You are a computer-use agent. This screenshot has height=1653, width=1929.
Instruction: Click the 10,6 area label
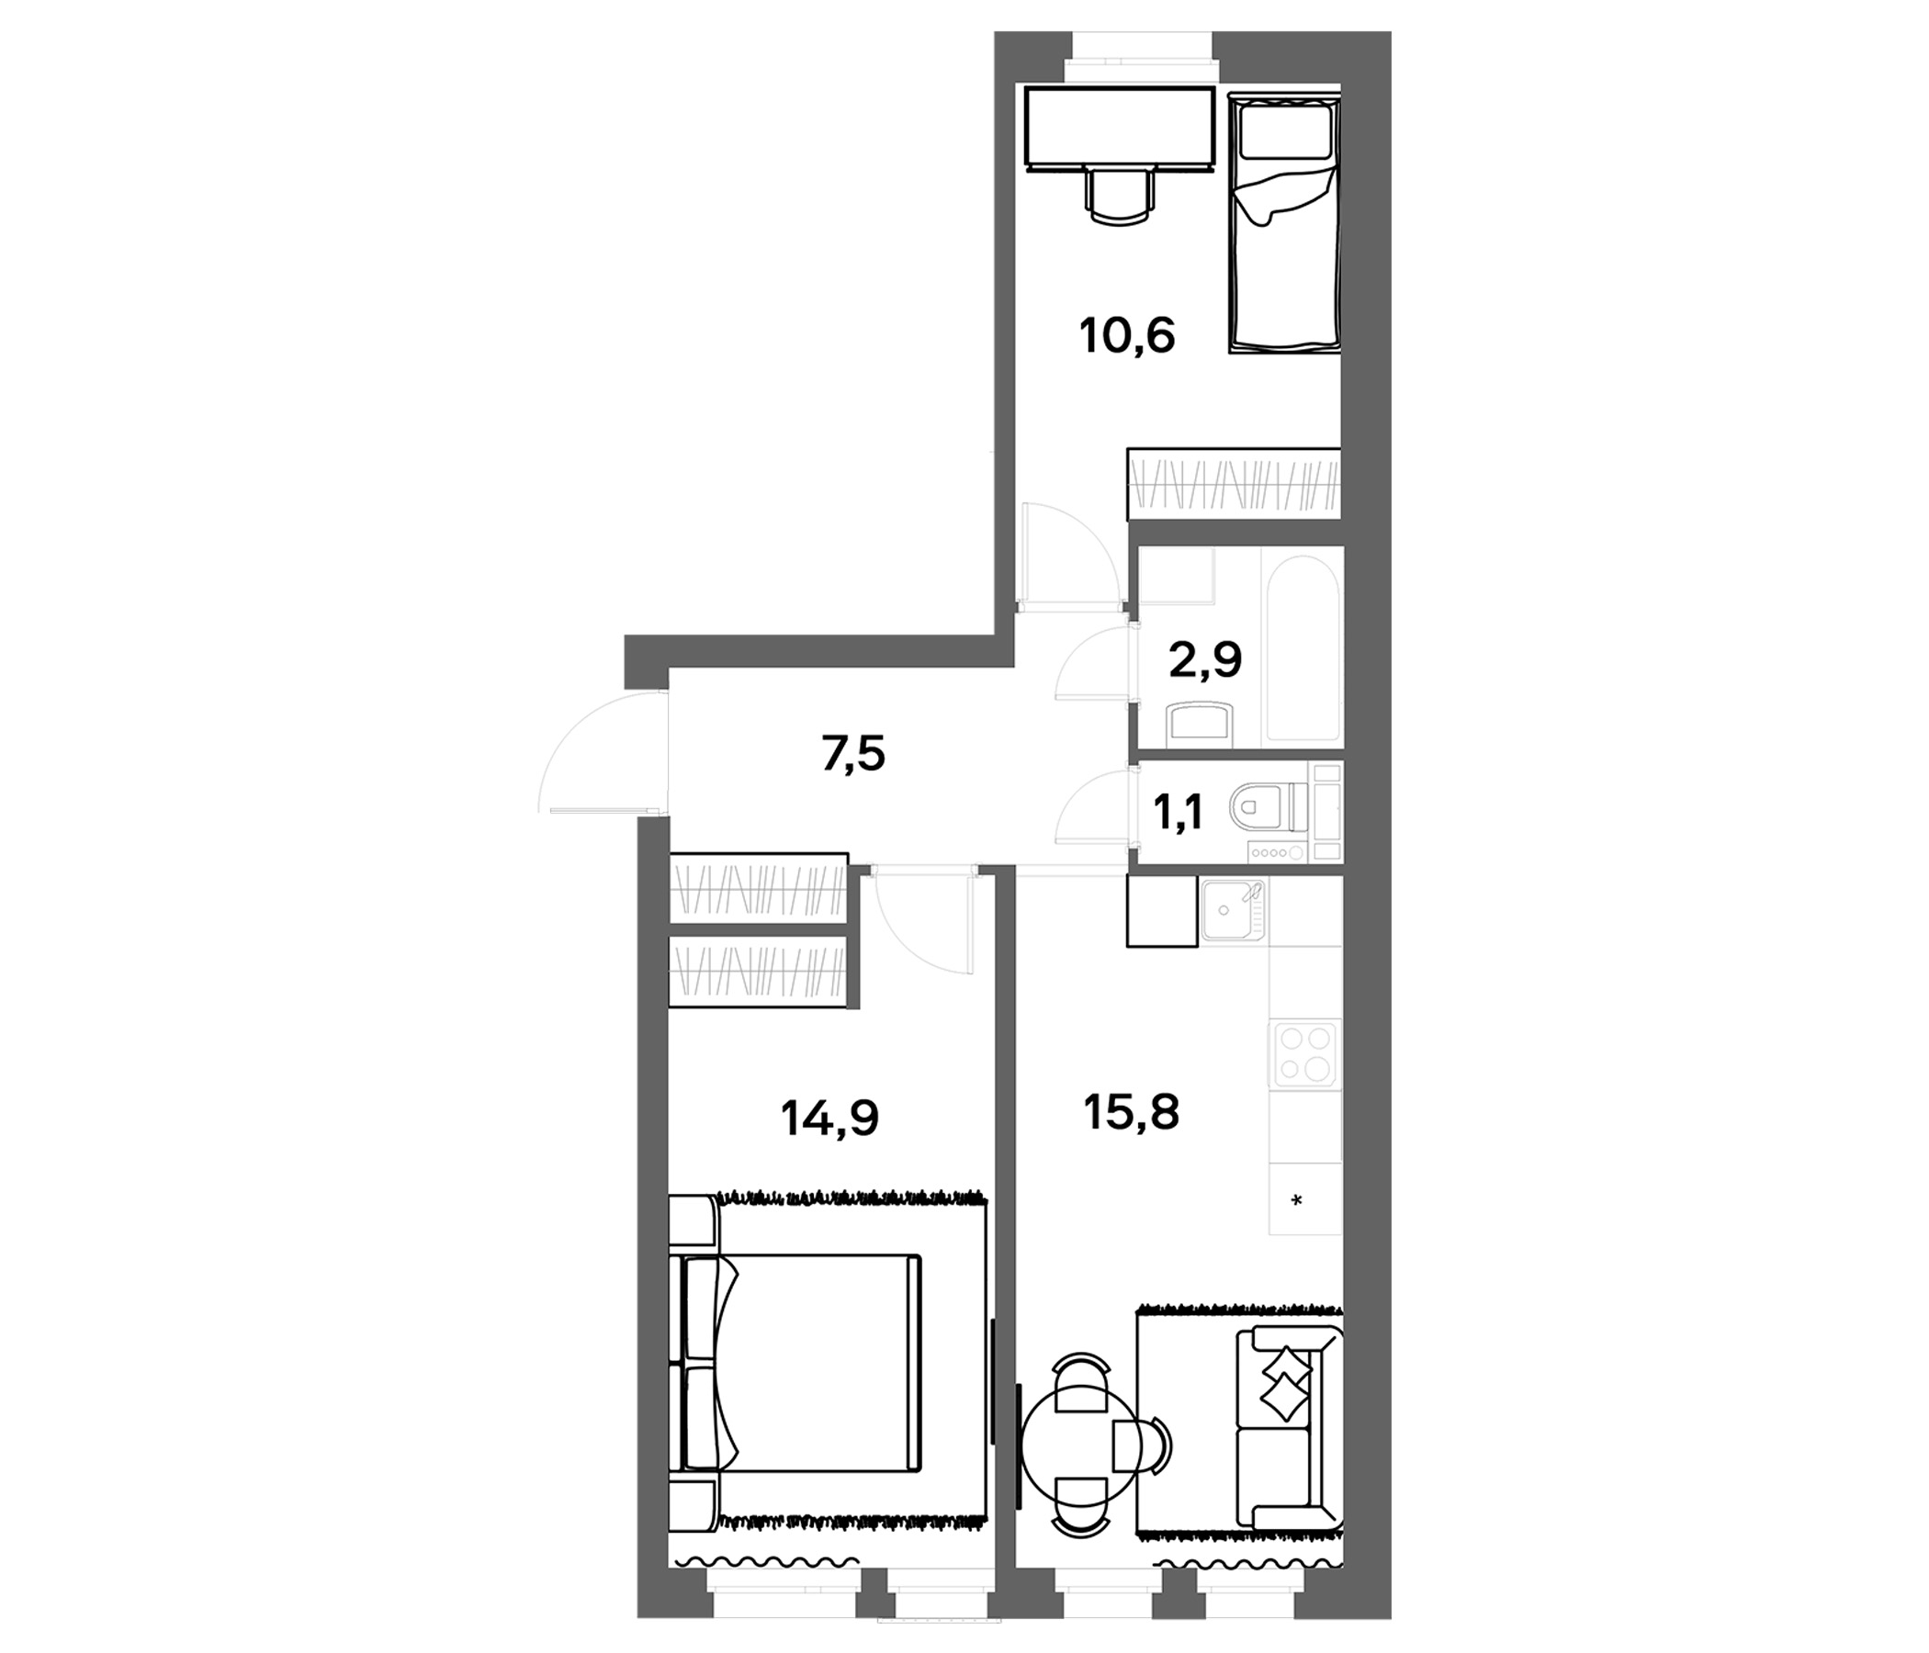tap(1127, 336)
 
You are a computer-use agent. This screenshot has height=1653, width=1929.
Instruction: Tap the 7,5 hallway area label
tap(852, 754)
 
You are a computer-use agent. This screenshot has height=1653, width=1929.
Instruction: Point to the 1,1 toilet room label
tap(1179, 813)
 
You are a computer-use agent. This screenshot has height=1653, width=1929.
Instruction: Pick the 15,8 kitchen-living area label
tap(1132, 1111)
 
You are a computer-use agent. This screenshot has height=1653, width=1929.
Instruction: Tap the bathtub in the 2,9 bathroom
tap(1303, 645)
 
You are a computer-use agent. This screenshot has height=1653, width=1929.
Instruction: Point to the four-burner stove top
tap(1304, 1051)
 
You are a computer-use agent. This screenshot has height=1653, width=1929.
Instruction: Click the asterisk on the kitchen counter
tap(1296, 1200)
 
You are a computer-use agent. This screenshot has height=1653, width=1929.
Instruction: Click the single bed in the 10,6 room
tap(1285, 221)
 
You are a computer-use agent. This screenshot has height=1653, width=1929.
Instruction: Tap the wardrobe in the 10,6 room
tap(1235, 484)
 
